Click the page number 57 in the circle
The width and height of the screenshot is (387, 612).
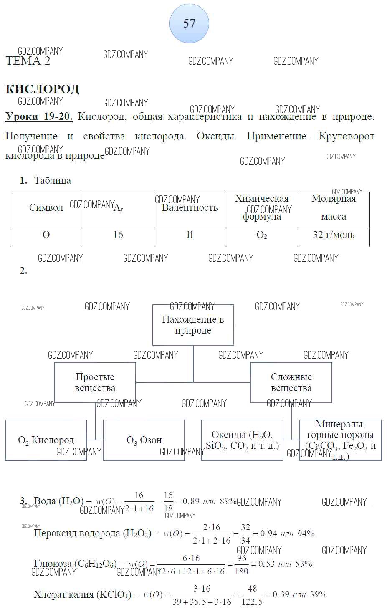189,23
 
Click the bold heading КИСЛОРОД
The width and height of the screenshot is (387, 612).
42,89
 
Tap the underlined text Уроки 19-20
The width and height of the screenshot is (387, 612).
39,116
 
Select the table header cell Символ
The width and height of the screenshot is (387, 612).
46,207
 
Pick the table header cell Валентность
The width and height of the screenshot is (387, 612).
190,207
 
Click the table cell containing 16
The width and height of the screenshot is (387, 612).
118,235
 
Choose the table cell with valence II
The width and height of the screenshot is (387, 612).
190,235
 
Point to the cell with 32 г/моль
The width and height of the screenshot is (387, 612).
333,235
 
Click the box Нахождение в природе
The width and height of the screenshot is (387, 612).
193,325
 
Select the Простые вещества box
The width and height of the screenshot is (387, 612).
95,382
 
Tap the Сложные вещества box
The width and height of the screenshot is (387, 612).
291,382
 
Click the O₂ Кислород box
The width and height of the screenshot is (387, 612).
46,440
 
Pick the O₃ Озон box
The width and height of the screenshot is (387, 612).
144,440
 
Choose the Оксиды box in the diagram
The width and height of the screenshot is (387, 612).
242,440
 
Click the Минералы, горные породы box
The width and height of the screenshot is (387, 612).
340,440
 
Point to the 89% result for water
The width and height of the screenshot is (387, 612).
228,501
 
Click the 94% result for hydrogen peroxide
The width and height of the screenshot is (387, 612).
306,533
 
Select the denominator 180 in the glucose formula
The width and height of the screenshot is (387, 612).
241,571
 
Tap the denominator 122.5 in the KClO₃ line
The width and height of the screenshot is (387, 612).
252,602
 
